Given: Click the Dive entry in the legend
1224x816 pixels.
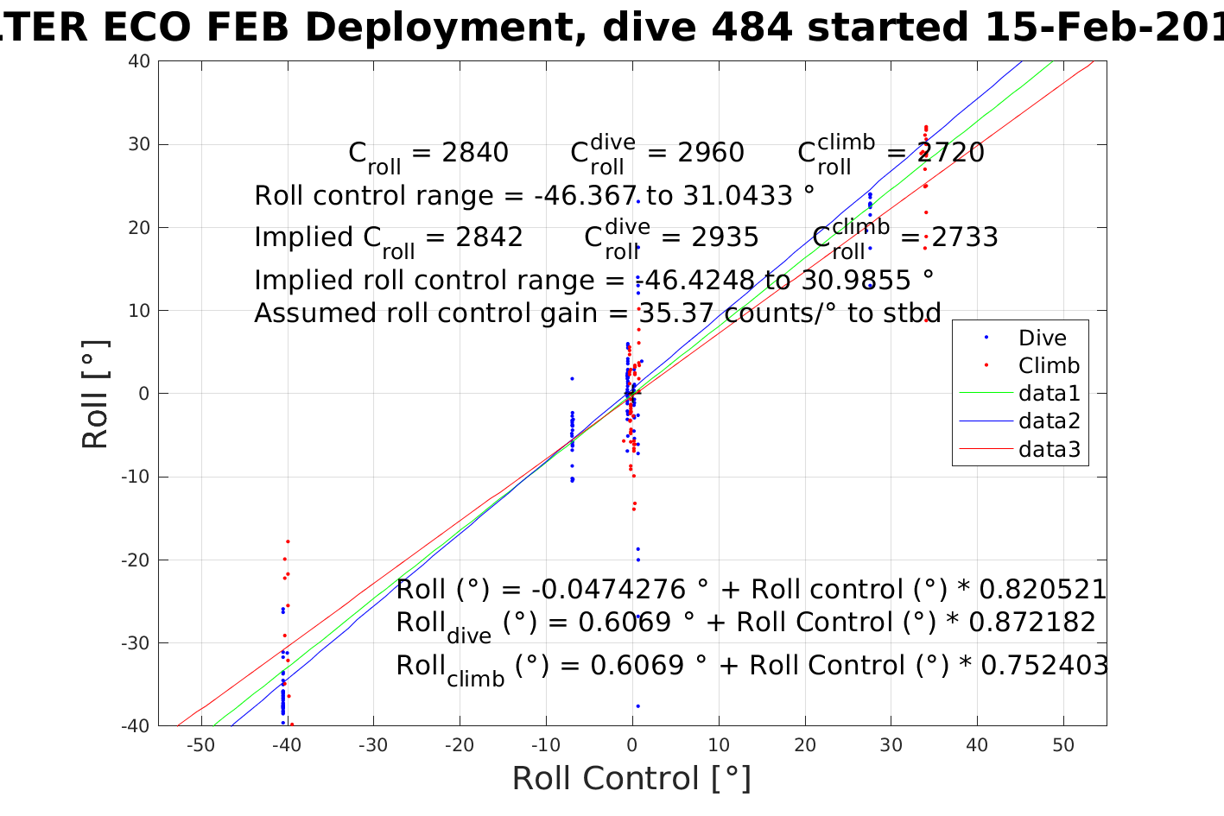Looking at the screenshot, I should tap(1042, 338).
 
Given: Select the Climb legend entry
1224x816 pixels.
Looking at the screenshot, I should tap(1049, 365).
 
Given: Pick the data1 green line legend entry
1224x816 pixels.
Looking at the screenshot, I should tap(1049, 393).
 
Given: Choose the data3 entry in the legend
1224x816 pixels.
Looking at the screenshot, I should tap(1049, 448).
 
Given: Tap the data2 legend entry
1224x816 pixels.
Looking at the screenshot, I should tap(1049, 421).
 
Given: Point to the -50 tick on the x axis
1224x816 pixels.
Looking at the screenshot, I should tap(200, 745).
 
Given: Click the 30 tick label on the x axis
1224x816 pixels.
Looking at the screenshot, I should tap(891, 745).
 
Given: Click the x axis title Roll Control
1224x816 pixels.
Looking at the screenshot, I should tap(631, 778).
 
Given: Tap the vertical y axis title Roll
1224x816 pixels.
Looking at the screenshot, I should tap(95, 395).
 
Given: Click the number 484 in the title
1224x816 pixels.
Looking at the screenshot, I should tap(751, 28).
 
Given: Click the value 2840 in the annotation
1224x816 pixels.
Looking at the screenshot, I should tap(475, 153).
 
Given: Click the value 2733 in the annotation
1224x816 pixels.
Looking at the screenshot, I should tap(963, 237).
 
